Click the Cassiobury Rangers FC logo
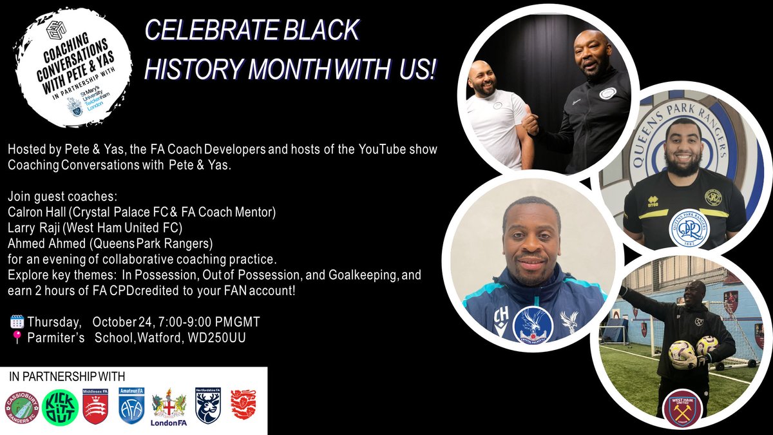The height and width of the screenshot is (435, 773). click(x=22, y=407)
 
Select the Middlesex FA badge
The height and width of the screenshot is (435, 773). click(x=95, y=407)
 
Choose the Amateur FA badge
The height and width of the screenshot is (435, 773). click(x=131, y=405)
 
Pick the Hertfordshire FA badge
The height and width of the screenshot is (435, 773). click(x=207, y=405)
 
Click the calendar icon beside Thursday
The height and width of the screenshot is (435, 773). click(x=17, y=322)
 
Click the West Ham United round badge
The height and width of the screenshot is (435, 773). click(x=682, y=408)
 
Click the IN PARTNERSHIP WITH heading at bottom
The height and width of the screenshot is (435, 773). click(x=67, y=376)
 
